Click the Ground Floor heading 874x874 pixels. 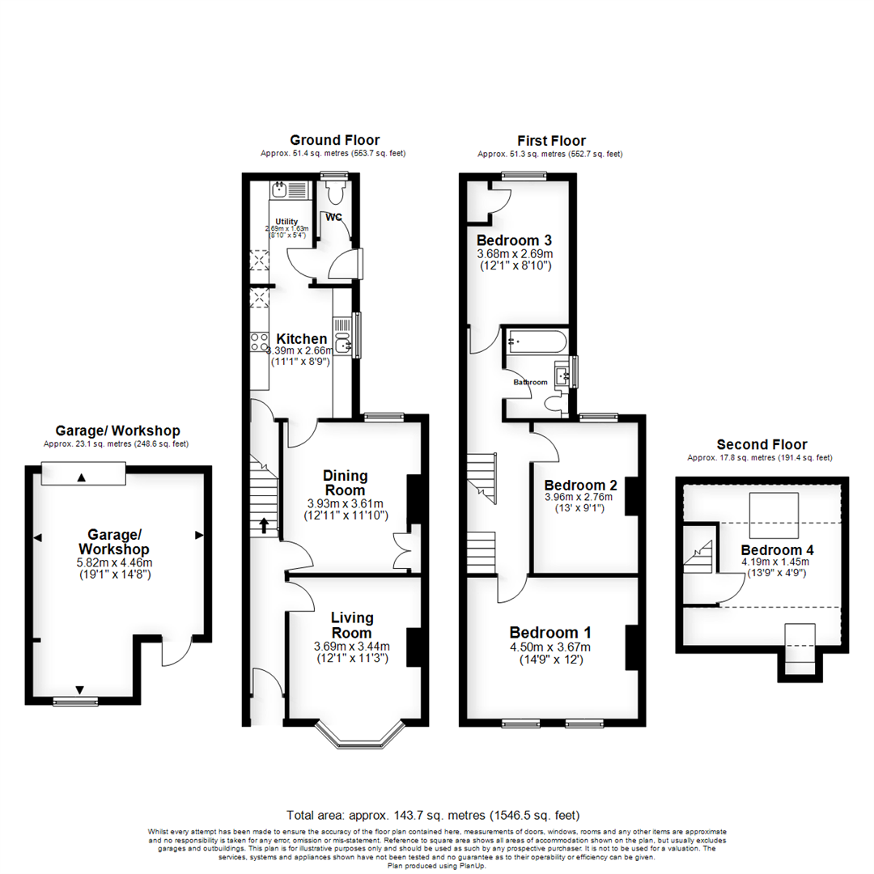[x=334, y=140]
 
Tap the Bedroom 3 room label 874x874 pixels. [x=514, y=240]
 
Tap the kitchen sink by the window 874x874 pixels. [x=343, y=343]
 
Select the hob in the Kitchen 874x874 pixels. [x=260, y=342]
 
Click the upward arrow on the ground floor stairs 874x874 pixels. [x=264, y=525]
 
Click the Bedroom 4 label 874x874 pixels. [x=777, y=549]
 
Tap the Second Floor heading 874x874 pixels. [x=762, y=444]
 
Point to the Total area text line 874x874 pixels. [x=433, y=814]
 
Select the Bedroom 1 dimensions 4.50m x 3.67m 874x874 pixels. [x=549, y=647]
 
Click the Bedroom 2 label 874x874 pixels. [x=580, y=485]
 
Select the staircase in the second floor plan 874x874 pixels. [x=699, y=558]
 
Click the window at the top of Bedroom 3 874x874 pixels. [x=523, y=175]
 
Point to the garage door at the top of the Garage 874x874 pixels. [x=82, y=476]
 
